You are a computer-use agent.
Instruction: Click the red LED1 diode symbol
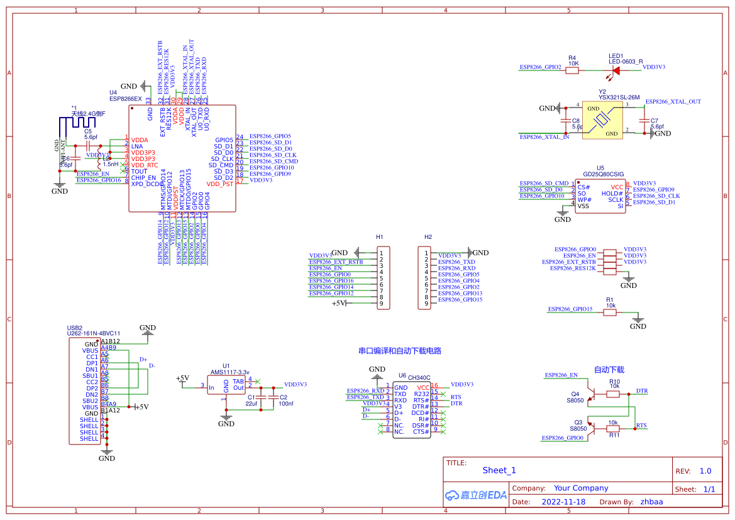(x=616, y=71)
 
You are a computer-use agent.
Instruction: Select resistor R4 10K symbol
(x=572, y=71)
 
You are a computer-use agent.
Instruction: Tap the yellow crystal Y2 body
(x=603, y=120)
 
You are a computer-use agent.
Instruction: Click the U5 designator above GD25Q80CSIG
(x=600, y=168)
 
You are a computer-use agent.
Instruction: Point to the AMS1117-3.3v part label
(x=230, y=372)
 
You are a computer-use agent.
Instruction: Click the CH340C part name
(x=419, y=377)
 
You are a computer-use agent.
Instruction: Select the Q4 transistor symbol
(x=587, y=393)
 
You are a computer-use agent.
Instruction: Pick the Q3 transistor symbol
(x=587, y=428)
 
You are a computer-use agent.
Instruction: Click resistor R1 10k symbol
(x=610, y=313)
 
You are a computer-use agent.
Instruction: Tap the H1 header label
(x=380, y=237)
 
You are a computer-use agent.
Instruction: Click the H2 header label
(x=428, y=237)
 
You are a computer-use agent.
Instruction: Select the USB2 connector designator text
(x=75, y=328)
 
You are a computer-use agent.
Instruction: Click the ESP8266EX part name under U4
(x=126, y=99)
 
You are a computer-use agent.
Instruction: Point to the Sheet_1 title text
(x=499, y=470)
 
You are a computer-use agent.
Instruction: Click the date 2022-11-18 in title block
(x=563, y=502)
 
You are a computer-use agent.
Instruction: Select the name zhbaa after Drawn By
(x=651, y=502)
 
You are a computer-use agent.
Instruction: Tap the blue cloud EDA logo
(x=475, y=495)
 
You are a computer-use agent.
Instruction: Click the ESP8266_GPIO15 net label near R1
(x=570, y=309)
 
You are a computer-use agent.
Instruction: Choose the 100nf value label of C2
(x=286, y=404)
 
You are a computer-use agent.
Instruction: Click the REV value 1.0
(x=705, y=471)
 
